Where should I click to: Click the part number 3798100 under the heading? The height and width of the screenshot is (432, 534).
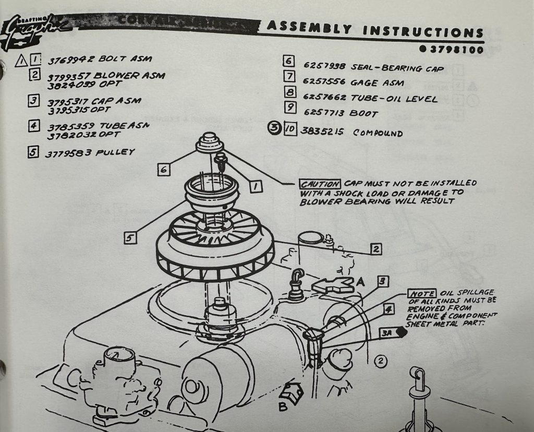(x=455, y=50)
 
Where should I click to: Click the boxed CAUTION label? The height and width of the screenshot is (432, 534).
(x=320, y=184)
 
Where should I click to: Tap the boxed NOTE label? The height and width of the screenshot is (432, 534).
(x=421, y=293)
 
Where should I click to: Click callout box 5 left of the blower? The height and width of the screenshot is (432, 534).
(x=130, y=238)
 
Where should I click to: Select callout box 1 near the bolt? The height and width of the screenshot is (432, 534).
(x=256, y=185)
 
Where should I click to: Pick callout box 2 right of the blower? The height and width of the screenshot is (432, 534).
(x=376, y=249)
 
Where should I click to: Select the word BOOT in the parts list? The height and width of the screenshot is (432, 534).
(x=364, y=113)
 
